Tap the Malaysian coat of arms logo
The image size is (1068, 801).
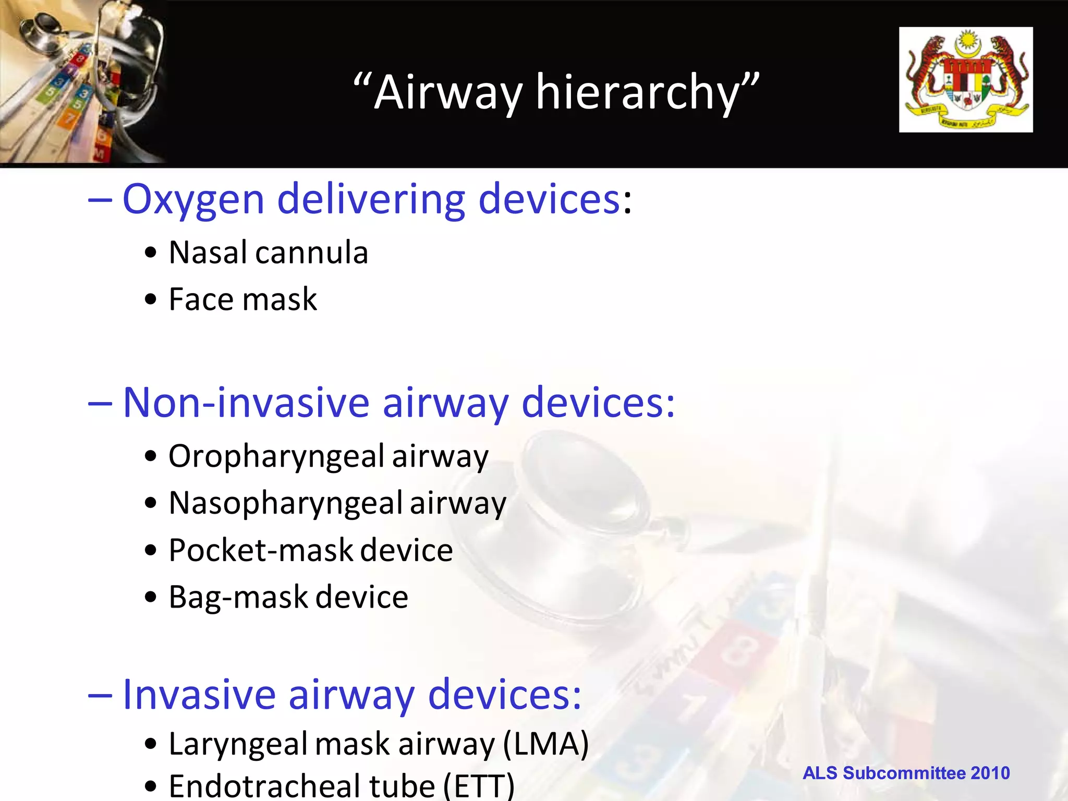click(966, 80)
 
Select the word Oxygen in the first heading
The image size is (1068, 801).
click(193, 200)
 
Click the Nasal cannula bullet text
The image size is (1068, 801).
click(268, 253)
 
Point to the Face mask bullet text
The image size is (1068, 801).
click(242, 300)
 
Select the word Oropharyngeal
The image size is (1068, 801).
click(276, 457)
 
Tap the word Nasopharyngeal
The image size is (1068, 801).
click(286, 504)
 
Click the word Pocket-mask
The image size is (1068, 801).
click(261, 551)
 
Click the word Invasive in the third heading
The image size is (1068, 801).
click(199, 695)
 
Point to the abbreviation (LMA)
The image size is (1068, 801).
click(546, 744)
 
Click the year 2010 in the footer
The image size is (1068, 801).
click(990, 773)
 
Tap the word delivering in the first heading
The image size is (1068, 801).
click(371, 200)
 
